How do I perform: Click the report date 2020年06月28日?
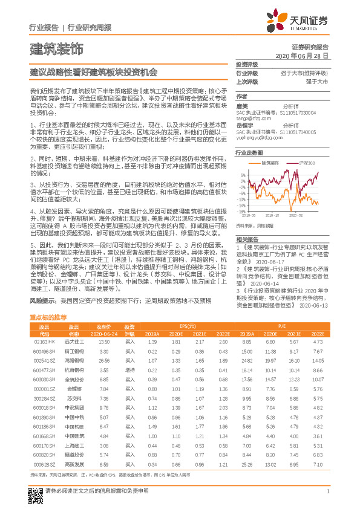(301, 55)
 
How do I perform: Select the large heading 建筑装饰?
(56, 48)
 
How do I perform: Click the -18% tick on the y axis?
(242, 209)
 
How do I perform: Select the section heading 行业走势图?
(249, 153)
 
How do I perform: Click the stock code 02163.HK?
(44, 342)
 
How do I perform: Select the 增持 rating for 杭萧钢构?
(130, 370)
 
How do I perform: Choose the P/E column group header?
(283, 325)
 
